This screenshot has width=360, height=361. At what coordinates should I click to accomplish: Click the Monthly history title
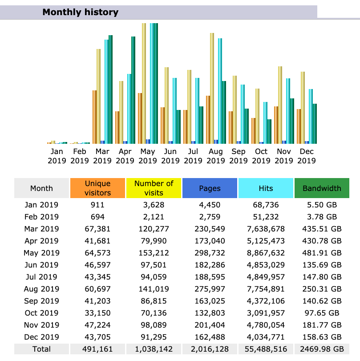point(80,12)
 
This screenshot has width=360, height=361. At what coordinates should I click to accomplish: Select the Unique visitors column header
point(97,188)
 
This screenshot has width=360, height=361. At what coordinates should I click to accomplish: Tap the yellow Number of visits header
point(154,188)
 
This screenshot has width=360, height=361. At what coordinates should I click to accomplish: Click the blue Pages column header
point(210,188)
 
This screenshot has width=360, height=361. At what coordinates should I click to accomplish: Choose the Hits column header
point(266,188)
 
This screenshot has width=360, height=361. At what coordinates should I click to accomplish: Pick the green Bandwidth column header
point(322,188)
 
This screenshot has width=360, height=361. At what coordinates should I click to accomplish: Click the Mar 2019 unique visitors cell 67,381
point(97,229)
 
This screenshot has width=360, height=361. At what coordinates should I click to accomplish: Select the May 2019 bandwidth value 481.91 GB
point(322,253)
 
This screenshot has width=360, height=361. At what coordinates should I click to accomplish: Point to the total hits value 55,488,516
point(266,349)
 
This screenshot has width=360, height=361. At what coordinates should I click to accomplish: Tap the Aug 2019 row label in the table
point(41,289)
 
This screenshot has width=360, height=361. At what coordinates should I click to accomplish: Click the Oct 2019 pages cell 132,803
point(210,313)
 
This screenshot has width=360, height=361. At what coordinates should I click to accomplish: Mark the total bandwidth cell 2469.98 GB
point(322,349)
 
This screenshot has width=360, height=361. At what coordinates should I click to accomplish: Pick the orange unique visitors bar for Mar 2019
point(94,117)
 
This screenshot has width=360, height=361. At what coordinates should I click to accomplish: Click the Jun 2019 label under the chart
point(170,156)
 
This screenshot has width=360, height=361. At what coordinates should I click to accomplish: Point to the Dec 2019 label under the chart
point(307,156)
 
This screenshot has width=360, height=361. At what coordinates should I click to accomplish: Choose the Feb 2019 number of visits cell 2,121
point(154,217)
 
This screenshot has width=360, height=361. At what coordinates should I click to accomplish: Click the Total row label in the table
point(41,349)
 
